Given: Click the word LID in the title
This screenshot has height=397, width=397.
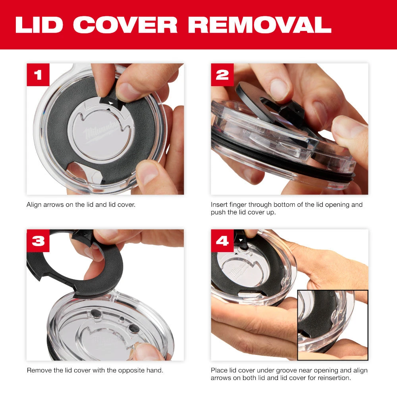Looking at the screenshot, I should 40,25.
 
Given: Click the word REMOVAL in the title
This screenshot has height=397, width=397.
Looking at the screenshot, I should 260,25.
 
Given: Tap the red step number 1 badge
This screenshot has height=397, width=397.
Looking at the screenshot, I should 38,75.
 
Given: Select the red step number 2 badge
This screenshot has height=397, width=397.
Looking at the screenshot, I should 222,75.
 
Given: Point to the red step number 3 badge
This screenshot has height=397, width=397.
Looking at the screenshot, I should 38,241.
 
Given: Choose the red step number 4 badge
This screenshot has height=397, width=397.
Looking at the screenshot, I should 222,241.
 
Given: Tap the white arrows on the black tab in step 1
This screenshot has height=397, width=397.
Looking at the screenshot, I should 111,103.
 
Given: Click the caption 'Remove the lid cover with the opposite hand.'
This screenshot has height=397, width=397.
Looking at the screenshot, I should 95,370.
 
